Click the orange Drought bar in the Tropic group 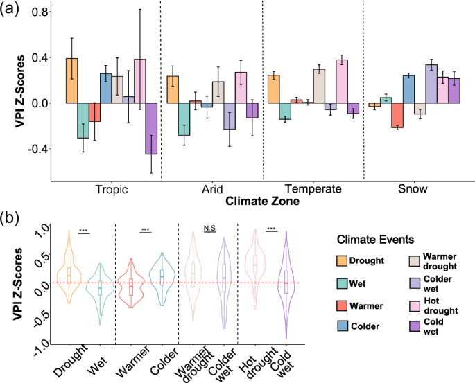[72, 80]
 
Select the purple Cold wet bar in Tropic [150, 128]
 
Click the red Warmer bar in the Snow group [397, 115]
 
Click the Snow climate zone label [413, 188]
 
